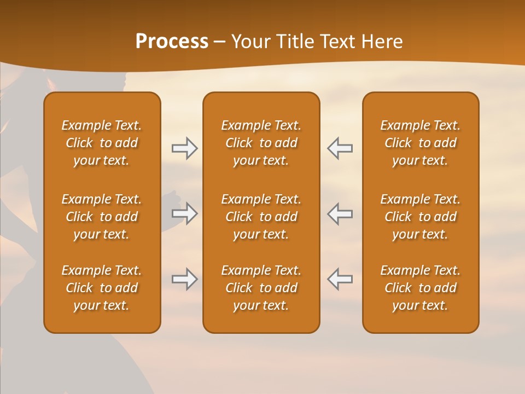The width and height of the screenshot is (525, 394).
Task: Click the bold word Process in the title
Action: point(172,42)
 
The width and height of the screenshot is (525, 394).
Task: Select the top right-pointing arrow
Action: point(184,148)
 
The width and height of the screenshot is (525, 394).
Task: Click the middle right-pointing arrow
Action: point(184,213)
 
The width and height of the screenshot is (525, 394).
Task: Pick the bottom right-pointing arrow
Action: point(184,279)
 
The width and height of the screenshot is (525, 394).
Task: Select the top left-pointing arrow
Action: point(340,148)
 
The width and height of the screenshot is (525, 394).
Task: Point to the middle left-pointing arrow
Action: point(340,213)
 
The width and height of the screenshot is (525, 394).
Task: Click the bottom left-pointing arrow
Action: point(340,279)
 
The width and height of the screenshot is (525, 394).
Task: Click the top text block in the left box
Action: point(102,143)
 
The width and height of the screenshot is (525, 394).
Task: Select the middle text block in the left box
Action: point(102,217)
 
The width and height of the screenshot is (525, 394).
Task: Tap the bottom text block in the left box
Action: point(102,288)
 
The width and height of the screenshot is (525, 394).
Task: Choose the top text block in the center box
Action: point(261,143)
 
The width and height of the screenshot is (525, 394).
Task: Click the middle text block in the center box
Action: point(261,217)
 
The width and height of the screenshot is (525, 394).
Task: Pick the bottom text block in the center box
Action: point(261,288)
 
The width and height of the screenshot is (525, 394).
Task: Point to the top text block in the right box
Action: point(420,143)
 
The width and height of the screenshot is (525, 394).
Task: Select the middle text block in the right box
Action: point(420,217)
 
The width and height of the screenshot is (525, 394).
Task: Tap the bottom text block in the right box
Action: point(420,288)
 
